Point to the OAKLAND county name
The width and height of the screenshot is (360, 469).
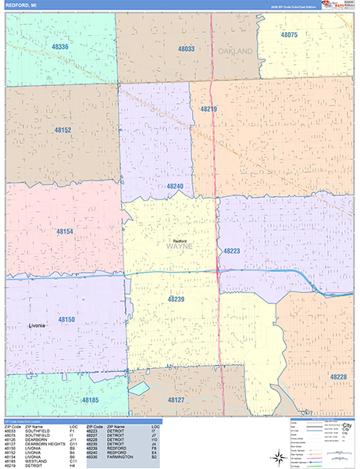pos(236,51)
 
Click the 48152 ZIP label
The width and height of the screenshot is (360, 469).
pos(63,130)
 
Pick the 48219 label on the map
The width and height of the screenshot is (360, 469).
pos(209,109)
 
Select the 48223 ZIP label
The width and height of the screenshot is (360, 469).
pos(232,251)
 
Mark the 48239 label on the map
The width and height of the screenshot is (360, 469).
pos(176,299)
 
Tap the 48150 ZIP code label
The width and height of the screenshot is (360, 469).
pos(66,320)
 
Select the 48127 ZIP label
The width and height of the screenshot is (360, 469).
pos(176,399)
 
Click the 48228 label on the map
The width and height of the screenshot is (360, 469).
pos(338,377)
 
